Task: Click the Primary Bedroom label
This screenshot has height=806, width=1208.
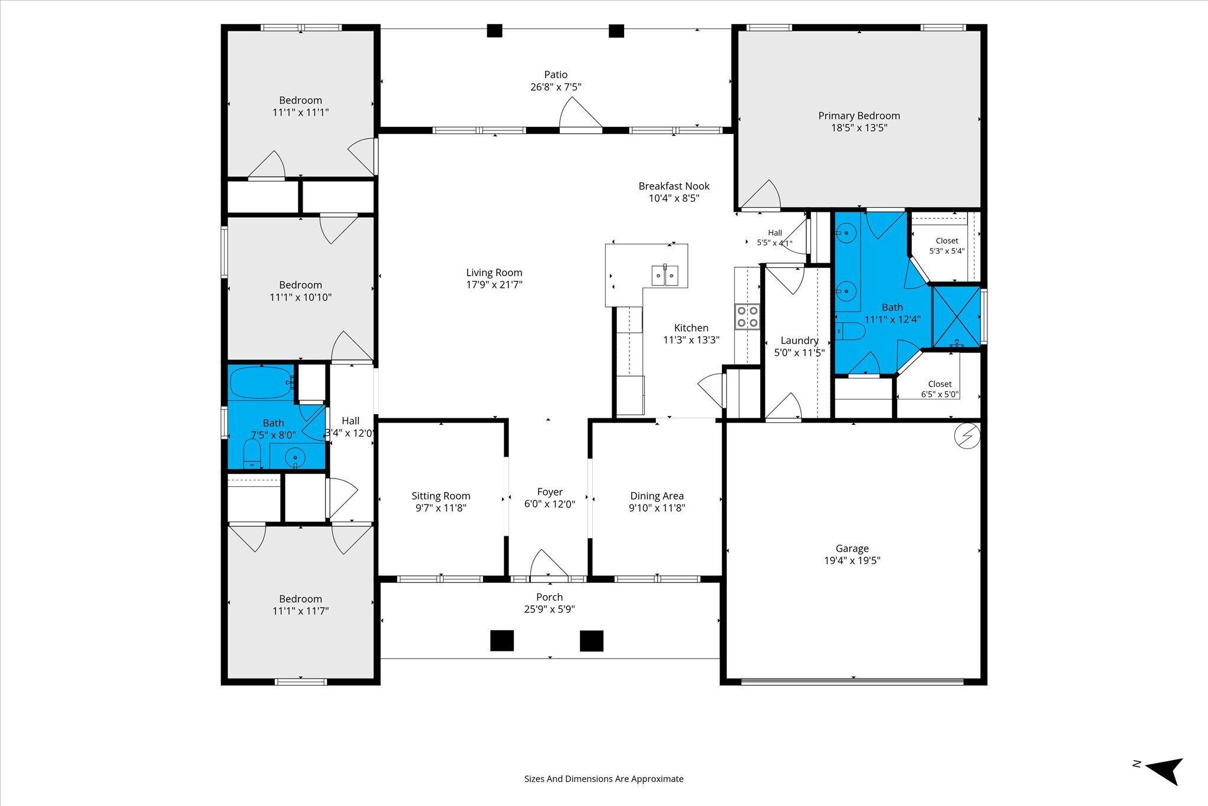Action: [x=859, y=116]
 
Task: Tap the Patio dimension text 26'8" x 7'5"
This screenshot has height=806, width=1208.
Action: [x=556, y=87]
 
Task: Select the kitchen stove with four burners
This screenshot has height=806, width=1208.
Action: [x=747, y=317]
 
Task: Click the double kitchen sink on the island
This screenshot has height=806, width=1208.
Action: [x=665, y=275]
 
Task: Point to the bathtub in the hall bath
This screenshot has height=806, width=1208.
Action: [x=261, y=383]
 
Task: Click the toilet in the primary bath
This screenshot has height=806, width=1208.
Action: [x=849, y=332]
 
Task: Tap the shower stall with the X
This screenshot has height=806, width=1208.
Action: [x=956, y=317]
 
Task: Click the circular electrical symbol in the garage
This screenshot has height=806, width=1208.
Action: [x=967, y=437]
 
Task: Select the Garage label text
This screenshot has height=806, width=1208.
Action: [x=852, y=549]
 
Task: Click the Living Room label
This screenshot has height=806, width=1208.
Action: [x=494, y=273]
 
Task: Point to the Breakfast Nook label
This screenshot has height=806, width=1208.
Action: [x=674, y=186]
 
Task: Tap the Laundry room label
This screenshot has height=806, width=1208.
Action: [x=799, y=341]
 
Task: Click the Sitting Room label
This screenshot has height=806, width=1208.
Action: [x=441, y=496]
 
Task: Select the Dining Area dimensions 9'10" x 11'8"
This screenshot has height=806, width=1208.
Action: [x=656, y=508]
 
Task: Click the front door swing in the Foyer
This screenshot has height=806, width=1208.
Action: [x=549, y=563]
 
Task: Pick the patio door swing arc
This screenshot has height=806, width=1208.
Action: [x=580, y=112]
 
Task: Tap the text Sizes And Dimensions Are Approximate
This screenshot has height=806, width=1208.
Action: [x=604, y=779]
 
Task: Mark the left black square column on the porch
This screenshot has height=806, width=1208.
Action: [x=502, y=641]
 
